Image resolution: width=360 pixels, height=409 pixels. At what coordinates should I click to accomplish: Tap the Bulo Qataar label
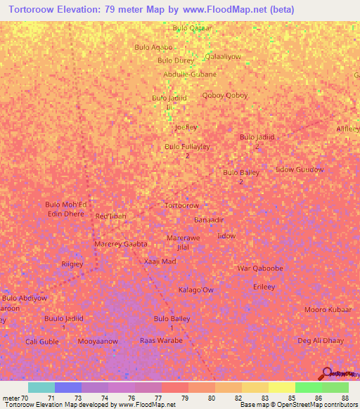[x=192, y=28]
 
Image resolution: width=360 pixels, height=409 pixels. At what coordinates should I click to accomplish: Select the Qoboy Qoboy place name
[x=225, y=96]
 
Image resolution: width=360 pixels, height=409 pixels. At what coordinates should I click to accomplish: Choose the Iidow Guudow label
[x=300, y=169]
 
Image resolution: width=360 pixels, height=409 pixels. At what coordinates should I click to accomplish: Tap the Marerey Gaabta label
[x=120, y=244]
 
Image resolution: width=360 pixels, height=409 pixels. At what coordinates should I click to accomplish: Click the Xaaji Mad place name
[x=160, y=261]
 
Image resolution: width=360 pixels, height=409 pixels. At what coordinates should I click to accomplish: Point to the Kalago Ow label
[x=195, y=290]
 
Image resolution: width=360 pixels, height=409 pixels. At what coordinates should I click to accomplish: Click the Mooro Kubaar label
[x=328, y=310]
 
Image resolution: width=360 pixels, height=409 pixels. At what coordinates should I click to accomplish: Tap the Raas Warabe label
[x=161, y=340]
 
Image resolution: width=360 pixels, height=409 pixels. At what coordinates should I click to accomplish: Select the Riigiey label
[x=72, y=264]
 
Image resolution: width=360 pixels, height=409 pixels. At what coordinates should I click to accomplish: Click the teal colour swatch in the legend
[x=41, y=387]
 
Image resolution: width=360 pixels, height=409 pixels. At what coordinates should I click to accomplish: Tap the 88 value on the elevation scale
[x=345, y=398]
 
